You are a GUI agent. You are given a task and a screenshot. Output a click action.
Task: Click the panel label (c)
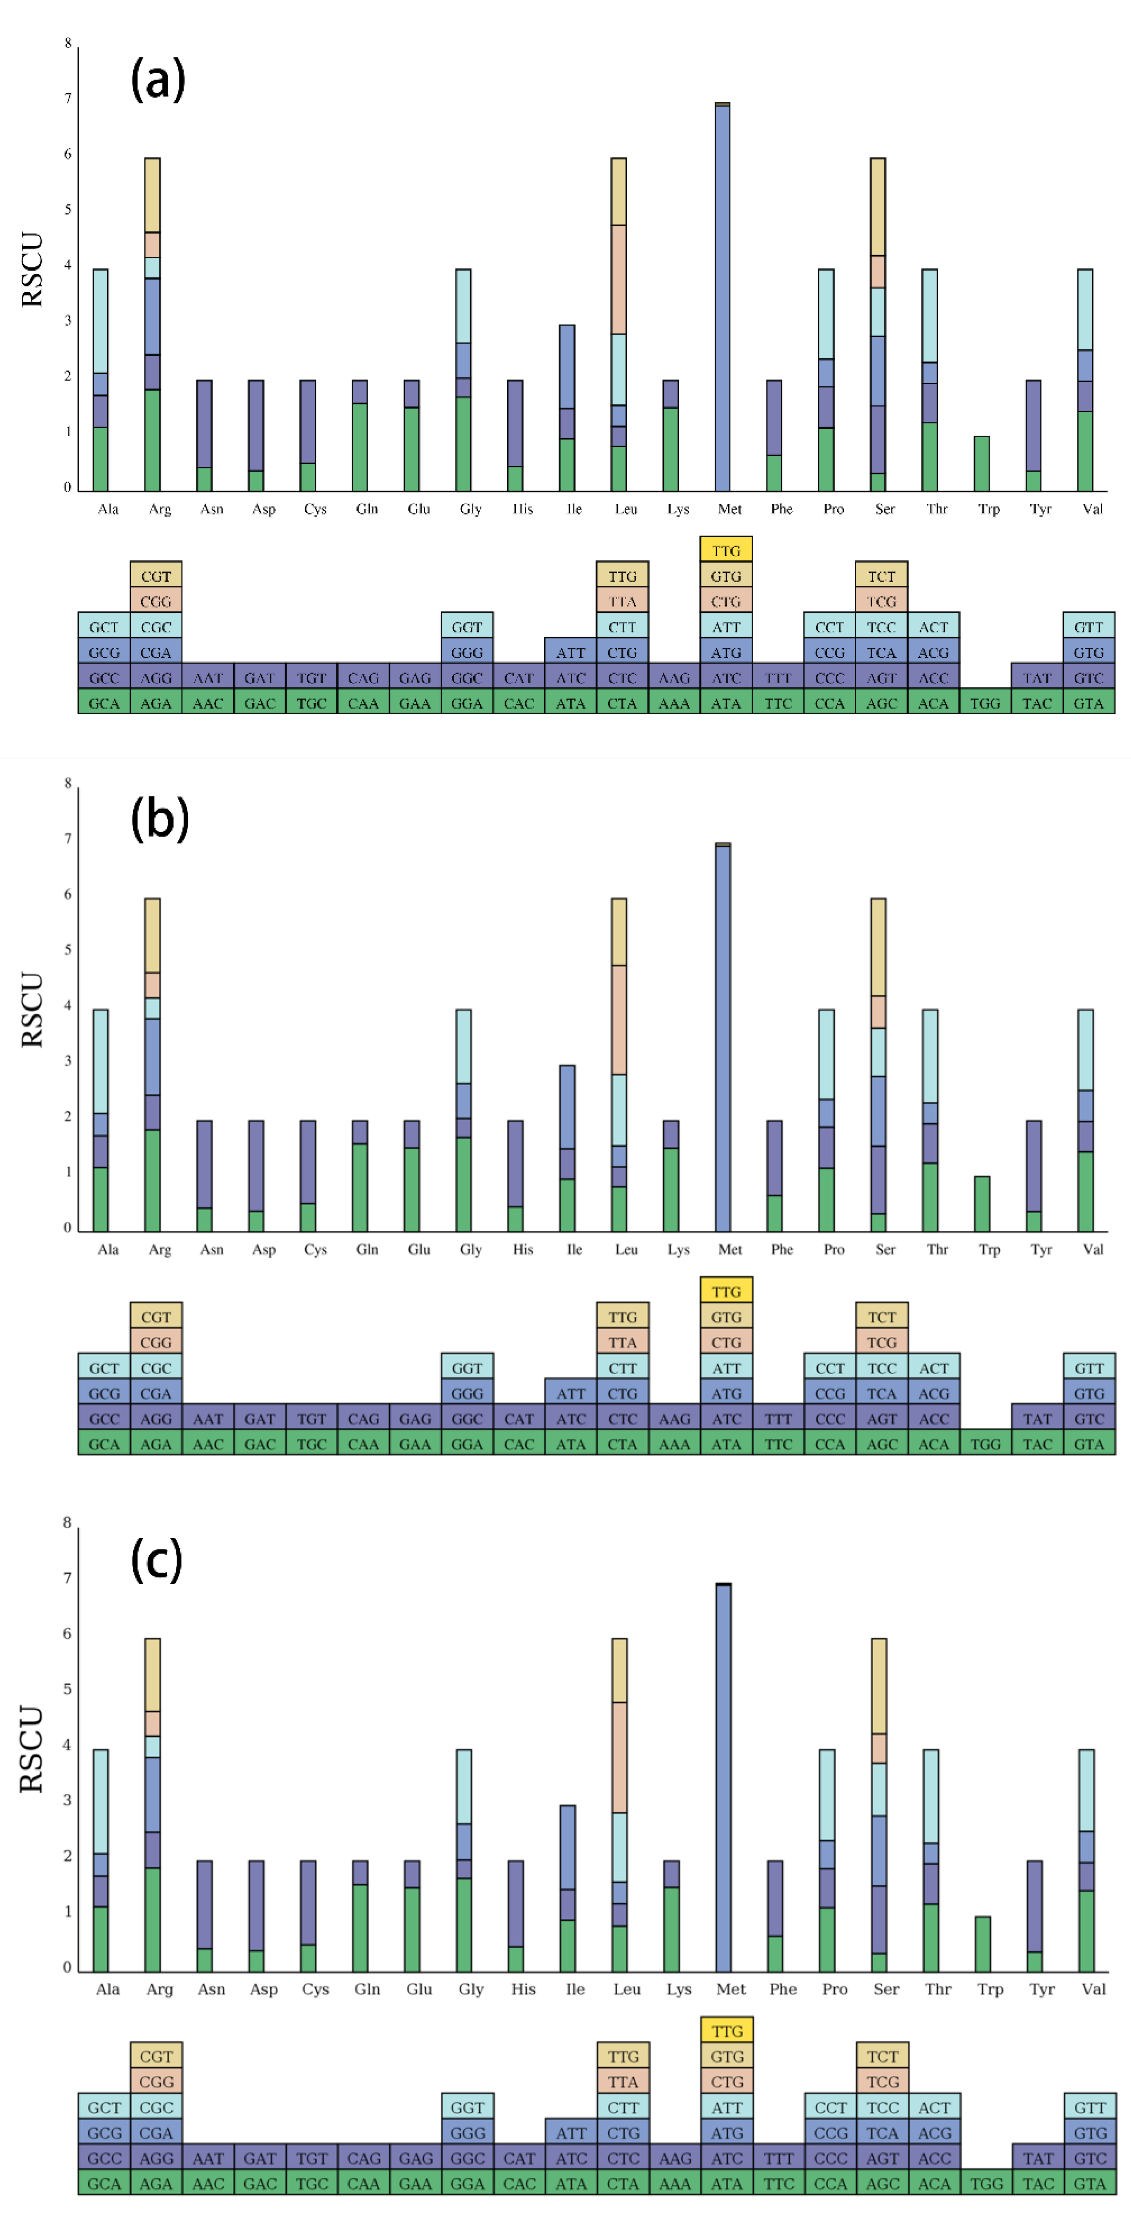point(156,1559)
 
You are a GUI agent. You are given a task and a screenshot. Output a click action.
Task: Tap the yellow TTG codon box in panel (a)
point(726,550)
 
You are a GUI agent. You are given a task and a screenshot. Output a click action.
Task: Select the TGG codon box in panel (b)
point(986,1444)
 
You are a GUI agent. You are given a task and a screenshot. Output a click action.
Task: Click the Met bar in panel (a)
point(723,297)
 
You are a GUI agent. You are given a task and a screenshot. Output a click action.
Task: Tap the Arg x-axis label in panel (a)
point(160,509)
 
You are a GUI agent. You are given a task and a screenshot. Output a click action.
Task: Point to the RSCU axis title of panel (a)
point(32,269)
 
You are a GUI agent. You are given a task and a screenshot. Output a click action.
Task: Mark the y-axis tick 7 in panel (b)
point(68,838)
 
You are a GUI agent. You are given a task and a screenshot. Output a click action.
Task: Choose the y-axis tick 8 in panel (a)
point(68,43)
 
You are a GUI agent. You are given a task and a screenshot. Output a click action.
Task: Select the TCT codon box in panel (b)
point(882,1316)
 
